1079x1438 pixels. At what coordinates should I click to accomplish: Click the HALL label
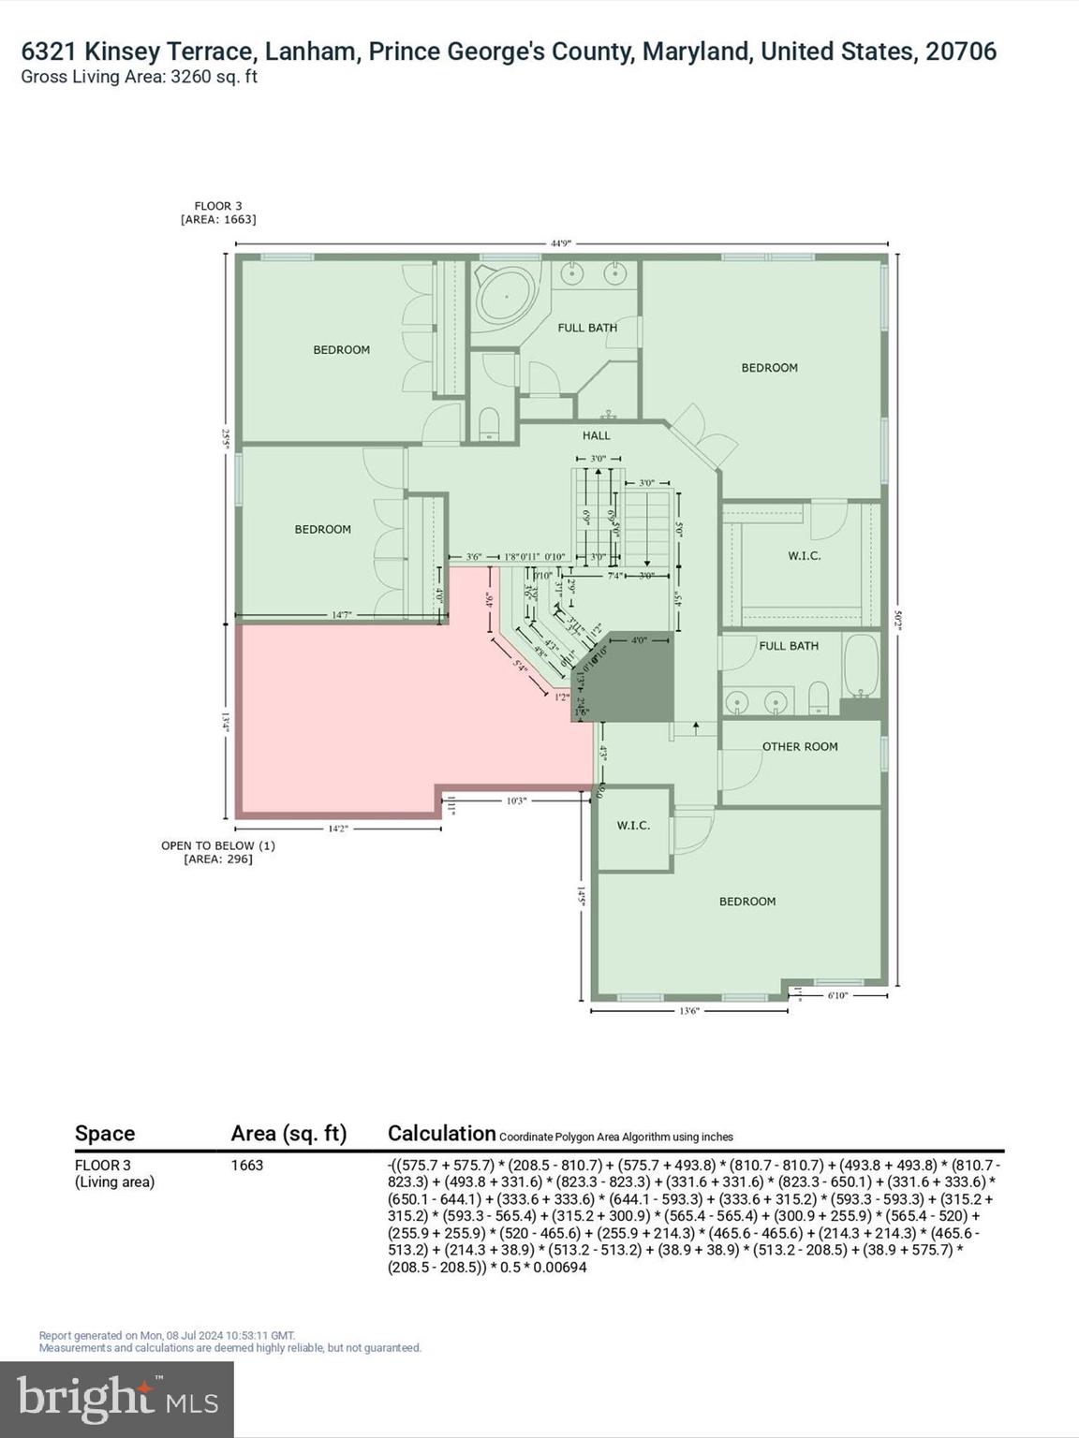[596, 435]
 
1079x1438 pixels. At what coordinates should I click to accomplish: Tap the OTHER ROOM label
[799, 746]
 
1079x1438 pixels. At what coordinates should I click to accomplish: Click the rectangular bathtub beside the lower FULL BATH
[861, 667]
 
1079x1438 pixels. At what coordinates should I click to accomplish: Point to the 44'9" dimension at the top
[560, 243]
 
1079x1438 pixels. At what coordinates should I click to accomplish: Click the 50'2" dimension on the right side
[897, 619]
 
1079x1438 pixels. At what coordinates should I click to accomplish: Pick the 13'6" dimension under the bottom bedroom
[688, 1011]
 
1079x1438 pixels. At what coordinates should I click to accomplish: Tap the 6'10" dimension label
[836, 996]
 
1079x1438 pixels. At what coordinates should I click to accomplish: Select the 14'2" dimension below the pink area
[337, 829]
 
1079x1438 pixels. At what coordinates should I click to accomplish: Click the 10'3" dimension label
[516, 800]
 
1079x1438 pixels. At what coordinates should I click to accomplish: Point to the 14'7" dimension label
[342, 615]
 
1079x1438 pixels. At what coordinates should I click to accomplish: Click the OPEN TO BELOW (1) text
[217, 845]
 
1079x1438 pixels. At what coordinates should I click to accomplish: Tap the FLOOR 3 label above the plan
[217, 206]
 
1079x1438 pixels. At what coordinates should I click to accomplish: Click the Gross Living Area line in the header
[139, 77]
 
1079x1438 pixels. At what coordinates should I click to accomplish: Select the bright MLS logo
[117, 1399]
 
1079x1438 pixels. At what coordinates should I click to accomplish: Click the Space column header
[105, 1134]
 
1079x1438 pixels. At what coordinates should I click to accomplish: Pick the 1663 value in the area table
[247, 1166]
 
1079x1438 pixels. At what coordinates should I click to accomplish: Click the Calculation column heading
[441, 1134]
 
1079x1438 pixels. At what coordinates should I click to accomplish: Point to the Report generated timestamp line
[167, 1336]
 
